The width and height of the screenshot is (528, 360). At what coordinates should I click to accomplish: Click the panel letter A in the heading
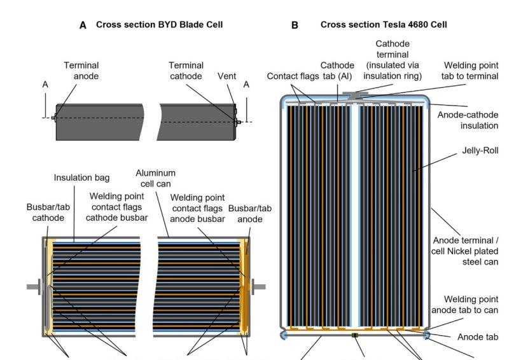coord(83,25)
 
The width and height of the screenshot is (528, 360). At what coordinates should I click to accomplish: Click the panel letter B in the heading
coord(295,25)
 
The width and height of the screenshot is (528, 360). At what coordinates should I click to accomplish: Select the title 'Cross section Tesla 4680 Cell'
coord(384,25)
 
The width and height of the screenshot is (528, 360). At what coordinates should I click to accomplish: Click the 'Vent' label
coord(226,76)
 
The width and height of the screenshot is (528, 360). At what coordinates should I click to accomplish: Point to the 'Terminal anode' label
coord(81,71)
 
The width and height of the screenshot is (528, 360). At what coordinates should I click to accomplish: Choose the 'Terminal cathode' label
coord(186,71)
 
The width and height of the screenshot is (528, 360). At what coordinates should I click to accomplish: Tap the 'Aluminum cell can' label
coord(156,177)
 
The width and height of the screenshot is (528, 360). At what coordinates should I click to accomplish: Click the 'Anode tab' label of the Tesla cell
coord(478,337)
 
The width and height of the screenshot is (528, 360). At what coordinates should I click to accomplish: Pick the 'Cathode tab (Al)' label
coord(338,71)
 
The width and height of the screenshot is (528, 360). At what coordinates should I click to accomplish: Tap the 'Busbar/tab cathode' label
coord(46,212)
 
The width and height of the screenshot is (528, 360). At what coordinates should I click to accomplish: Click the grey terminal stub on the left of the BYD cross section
coord(32,286)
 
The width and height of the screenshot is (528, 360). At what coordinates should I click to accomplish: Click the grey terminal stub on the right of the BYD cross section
coord(259,286)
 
